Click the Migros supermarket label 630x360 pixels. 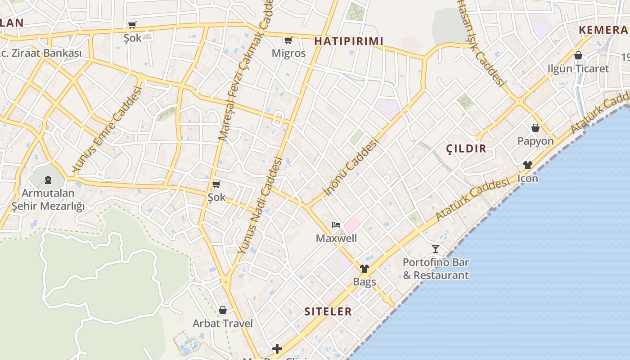click(288, 53)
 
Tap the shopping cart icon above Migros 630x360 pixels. click(288, 40)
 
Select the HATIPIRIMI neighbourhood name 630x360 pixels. click(349, 41)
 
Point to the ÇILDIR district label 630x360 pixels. click(466, 148)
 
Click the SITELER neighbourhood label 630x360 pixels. click(328, 311)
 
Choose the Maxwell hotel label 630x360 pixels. click(336, 238)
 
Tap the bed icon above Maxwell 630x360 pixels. click(336, 225)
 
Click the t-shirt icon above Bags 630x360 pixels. click(364, 269)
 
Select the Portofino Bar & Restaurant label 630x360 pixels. click(436, 269)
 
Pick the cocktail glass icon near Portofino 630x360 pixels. click(435, 248)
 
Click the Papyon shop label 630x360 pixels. click(535, 141)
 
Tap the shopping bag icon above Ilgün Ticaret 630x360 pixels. click(578, 55)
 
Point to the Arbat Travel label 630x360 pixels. click(223, 323)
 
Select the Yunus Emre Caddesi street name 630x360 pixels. click(107, 129)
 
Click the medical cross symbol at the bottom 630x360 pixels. click(277, 349)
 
